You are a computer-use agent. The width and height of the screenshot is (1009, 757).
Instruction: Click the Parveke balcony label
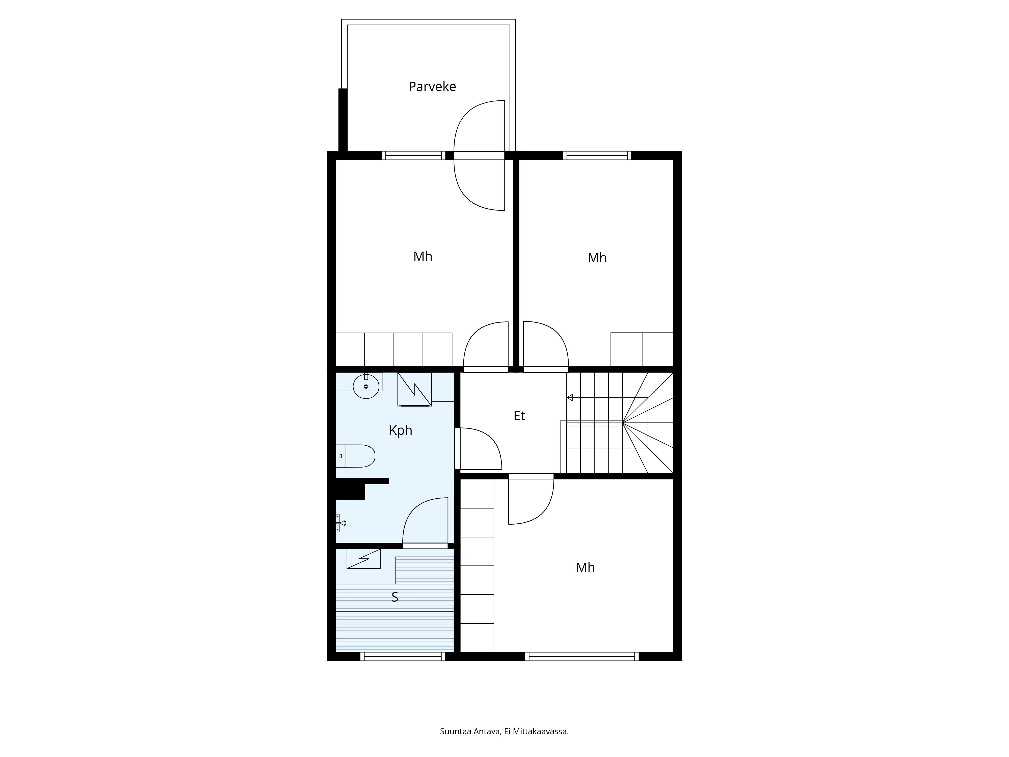pos(432,87)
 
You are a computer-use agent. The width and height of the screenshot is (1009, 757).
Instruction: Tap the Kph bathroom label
pos(401,430)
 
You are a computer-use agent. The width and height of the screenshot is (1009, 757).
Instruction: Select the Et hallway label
pos(519,416)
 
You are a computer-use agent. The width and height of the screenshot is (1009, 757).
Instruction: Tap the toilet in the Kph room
pos(355,456)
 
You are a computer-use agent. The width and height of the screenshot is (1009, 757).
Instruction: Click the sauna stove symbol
pos(363,558)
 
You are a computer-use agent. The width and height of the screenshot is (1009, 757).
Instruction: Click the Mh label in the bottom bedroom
pos(585,568)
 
